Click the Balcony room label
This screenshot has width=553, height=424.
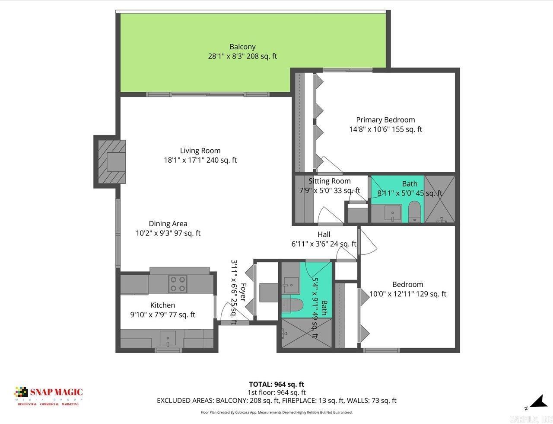pyautogui.click(x=242, y=47)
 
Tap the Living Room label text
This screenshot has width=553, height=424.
pyautogui.click(x=200, y=151)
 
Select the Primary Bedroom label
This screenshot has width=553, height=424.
pyautogui.click(x=385, y=120)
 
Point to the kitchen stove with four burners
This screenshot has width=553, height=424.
pyautogui.click(x=178, y=284)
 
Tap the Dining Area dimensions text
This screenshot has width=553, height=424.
pyautogui.click(x=168, y=233)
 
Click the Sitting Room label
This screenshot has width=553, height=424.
pyautogui.click(x=329, y=181)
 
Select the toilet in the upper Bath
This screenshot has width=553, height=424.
pyautogui.click(x=415, y=212)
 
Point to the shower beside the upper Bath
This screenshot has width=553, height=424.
pyautogui.click(x=440, y=199)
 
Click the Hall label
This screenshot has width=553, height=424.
pyautogui.click(x=324, y=234)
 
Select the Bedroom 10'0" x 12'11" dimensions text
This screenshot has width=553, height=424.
pyautogui.click(x=407, y=294)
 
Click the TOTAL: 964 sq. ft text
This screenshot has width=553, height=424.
pyautogui.click(x=276, y=384)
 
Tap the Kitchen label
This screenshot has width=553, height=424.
pyautogui.click(x=162, y=305)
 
